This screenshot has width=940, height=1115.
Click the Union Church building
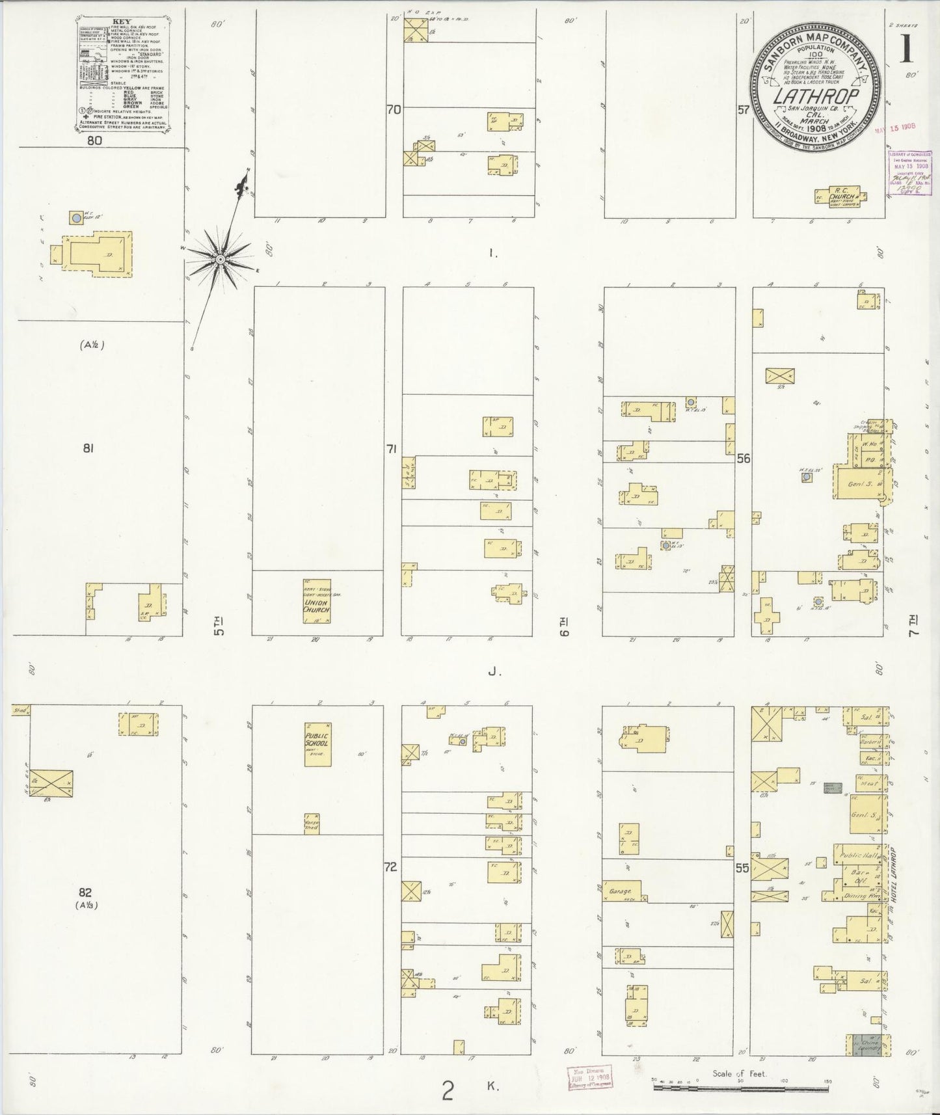(317, 601)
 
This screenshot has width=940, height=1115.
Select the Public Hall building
(858, 855)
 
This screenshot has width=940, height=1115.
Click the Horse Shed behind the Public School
(312, 824)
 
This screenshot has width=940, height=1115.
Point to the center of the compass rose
(221, 260)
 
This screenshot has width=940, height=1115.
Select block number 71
(391, 449)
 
